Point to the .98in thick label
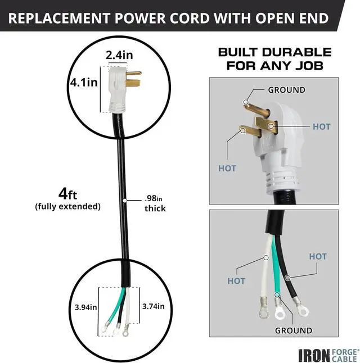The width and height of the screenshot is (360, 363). pyautogui.click(x=155, y=203)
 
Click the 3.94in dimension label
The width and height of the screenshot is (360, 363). pyautogui.click(x=86, y=307)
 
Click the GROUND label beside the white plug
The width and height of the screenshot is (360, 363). pyautogui.click(x=286, y=90)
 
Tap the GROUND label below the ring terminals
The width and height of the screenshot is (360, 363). pyautogui.click(x=293, y=330)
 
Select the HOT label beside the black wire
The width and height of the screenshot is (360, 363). pyautogui.click(x=318, y=256)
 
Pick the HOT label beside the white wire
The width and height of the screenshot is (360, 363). pyautogui.click(x=236, y=280)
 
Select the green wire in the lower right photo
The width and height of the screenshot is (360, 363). pyautogui.click(x=276, y=270)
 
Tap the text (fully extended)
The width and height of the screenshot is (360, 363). pyautogui.click(x=67, y=207)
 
